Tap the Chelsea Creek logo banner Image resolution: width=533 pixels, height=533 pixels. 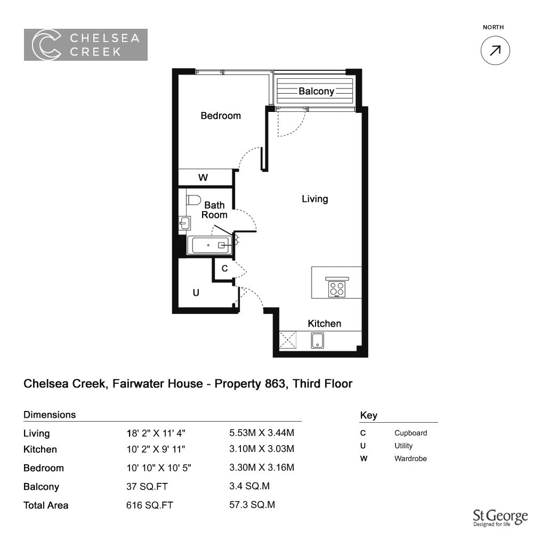pyautogui.click(x=86, y=45)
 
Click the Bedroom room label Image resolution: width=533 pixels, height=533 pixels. pyautogui.click(x=221, y=116)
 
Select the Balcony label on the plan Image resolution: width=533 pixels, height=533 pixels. pyautogui.click(x=316, y=91)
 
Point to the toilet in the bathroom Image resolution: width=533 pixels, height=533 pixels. pyautogui.click(x=193, y=200)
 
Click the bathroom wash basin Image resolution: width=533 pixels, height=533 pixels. pyautogui.click(x=184, y=224)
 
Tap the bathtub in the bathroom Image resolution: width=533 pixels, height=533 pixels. pyautogui.click(x=210, y=245)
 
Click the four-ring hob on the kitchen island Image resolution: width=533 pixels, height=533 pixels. pyautogui.click(x=336, y=289)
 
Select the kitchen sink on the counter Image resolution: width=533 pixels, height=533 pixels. pyautogui.click(x=318, y=340)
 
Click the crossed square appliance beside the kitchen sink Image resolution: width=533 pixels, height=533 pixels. pyautogui.click(x=288, y=340)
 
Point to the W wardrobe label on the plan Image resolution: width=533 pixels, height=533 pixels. pyautogui.click(x=203, y=177)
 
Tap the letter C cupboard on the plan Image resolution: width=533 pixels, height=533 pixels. pyautogui.click(x=224, y=269)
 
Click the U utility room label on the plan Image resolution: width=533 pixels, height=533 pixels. pyautogui.click(x=196, y=293)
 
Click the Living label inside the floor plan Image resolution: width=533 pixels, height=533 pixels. pyautogui.click(x=315, y=199)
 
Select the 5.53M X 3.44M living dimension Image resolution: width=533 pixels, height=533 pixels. pyautogui.click(x=262, y=433)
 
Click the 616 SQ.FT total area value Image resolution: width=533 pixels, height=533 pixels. pyautogui.click(x=150, y=505)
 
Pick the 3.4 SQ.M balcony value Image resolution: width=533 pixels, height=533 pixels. pyautogui.click(x=249, y=486)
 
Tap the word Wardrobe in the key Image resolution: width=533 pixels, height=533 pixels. pyautogui.click(x=410, y=458)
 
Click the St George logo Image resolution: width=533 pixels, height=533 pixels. pyautogui.click(x=500, y=518)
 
